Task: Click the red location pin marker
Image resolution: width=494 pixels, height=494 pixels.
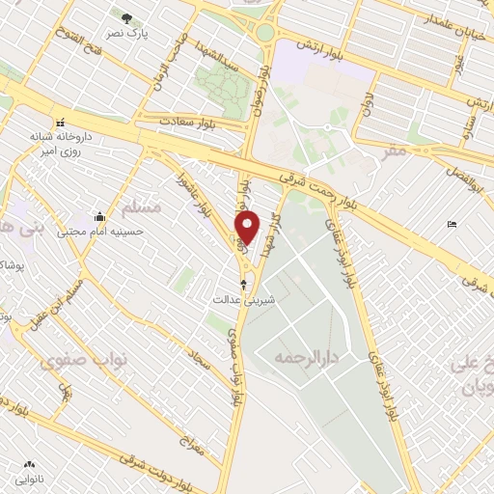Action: [249, 227]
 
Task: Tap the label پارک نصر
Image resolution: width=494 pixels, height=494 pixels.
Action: [126, 32]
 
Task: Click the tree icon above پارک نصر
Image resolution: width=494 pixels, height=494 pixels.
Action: [127, 16]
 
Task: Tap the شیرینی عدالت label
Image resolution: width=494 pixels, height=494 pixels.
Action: [244, 300]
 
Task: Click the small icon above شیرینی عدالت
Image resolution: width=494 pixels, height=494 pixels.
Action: [243, 284]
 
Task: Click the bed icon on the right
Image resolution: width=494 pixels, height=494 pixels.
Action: [453, 225]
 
